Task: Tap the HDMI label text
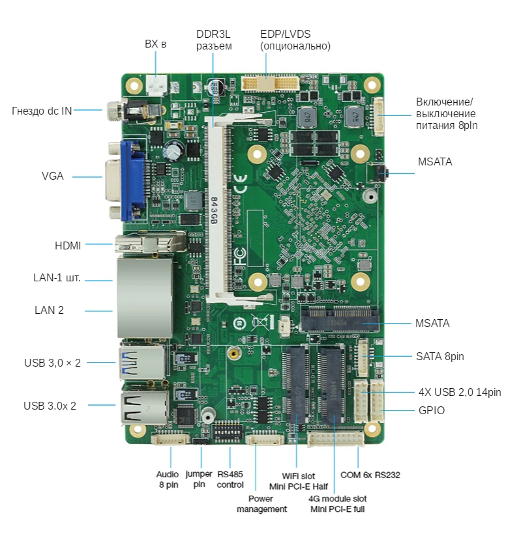click(68, 246)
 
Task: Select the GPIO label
click(431, 411)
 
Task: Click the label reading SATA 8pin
click(439, 356)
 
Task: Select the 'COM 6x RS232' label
click(370, 475)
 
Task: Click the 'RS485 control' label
click(230, 479)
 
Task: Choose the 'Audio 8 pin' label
click(168, 479)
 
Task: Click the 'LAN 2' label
click(49, 310)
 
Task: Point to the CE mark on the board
click(240, 184)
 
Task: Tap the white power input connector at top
click(156, 85)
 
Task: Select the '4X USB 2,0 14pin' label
click(460, 392)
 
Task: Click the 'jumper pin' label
click(199, 479)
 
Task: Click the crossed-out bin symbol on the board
click(261, 321)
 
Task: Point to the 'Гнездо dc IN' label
click(42, 111)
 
